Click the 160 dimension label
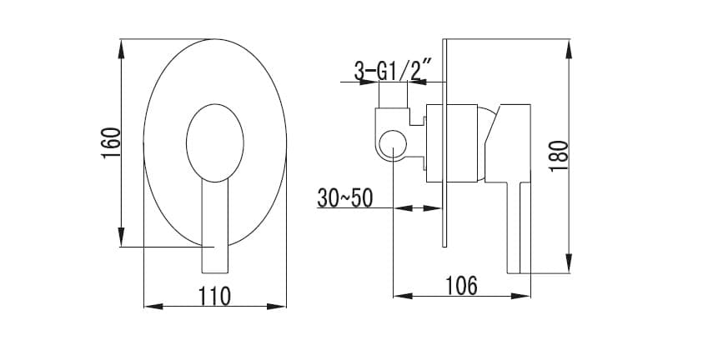tap(111, 142)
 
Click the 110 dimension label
tap(214, 297)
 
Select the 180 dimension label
tap(559, 156)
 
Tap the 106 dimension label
tap(461, 286)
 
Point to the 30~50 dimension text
tap(345, 197)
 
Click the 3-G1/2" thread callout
tap(390, 72)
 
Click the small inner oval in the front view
tap(215, 143)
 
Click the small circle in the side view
tap(393, 145)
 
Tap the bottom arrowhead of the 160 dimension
tap(121, 237)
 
